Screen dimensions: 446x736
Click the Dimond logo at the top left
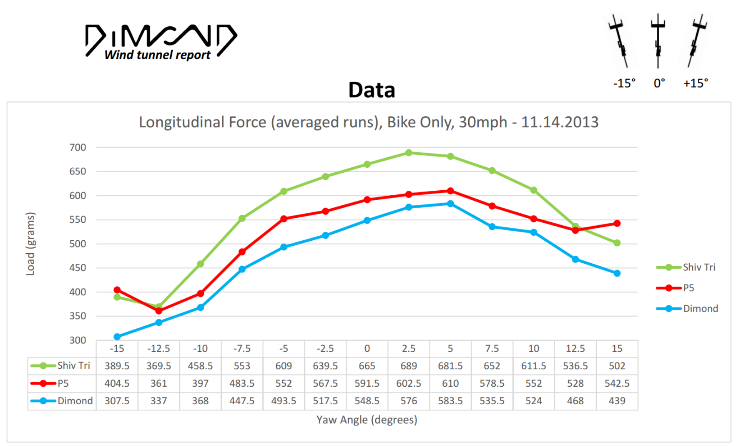161,41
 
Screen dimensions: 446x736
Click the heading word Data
372,90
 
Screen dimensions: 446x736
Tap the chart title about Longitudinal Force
369,122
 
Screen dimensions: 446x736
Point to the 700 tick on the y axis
78,147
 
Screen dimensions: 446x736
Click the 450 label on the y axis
78,268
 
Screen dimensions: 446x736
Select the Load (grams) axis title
30,244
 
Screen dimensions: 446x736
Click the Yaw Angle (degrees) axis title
367,420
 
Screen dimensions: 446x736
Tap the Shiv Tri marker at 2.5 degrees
409,153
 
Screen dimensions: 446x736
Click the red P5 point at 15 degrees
617,224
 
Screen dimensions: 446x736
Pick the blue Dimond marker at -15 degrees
117,337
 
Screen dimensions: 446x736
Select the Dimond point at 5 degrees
450,204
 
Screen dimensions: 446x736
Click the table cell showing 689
409,366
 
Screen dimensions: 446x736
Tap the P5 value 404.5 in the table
117,383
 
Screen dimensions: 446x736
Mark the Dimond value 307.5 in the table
117,401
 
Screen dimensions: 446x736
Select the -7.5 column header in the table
242,349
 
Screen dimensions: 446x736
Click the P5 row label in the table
63,383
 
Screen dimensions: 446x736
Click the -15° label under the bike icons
624,83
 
